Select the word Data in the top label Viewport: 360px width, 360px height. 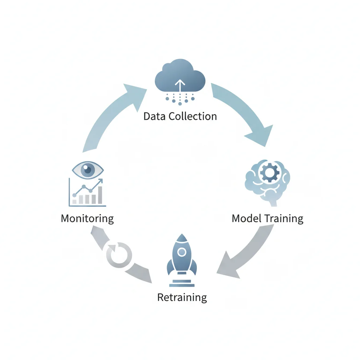(155, 116)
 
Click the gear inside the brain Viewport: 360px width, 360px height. (270, 172)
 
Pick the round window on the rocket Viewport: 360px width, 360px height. (181, 252)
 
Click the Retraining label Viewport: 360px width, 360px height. (182, 297)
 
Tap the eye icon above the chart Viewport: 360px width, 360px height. (88, 171)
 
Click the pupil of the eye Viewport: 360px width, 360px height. (88, 171)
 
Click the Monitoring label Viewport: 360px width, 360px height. (87, 218)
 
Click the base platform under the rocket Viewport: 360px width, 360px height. (181, 283)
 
